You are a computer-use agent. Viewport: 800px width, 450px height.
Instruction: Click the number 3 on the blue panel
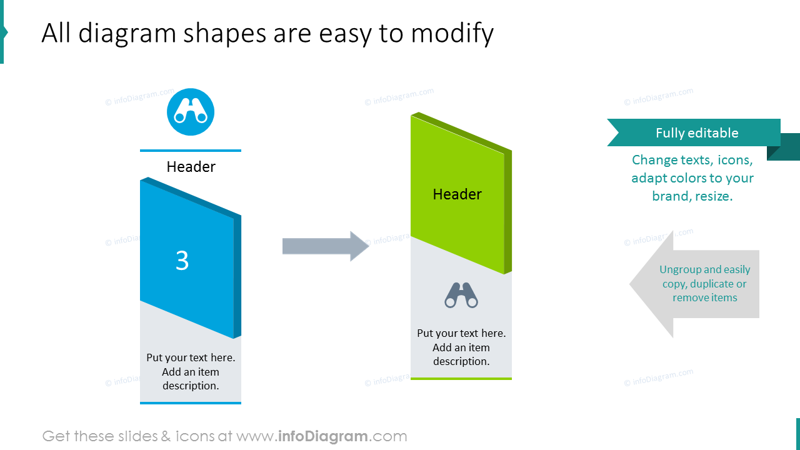182,261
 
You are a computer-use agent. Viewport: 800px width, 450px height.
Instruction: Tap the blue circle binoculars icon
191,112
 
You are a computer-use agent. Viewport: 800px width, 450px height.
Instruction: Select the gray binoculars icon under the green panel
461,295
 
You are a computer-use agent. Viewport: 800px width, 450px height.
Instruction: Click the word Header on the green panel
457,194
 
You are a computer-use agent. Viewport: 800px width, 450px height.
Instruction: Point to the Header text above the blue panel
191,167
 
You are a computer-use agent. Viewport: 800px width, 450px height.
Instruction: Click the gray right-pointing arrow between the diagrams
326,246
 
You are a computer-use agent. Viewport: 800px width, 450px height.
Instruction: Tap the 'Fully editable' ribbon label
697,133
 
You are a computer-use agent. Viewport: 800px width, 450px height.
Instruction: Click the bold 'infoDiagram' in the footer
323,436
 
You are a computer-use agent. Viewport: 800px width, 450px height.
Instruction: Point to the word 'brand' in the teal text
670,196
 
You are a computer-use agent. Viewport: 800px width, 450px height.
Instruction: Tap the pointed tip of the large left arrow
629,284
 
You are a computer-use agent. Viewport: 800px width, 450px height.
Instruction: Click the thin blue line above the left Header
191,151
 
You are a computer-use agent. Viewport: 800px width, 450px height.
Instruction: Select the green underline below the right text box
461,378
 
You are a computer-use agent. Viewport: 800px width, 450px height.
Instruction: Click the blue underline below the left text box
191,403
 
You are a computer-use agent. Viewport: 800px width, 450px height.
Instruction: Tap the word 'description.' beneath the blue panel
191,386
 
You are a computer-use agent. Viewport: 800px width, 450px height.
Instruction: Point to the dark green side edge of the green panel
508,212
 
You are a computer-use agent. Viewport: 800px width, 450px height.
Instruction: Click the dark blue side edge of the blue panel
237,277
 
